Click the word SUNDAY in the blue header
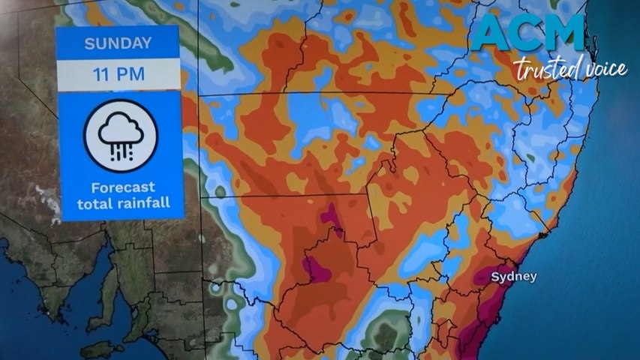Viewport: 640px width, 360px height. pos(118,43)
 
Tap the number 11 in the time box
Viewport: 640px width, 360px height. pos(102,75)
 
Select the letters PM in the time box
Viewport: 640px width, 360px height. pos(131,75)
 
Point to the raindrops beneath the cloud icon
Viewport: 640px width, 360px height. pos(120,150)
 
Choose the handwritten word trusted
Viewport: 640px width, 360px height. pos(542,70)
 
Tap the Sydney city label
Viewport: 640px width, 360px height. pos(514,277)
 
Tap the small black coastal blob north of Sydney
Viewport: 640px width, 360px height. pos(543,235)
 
